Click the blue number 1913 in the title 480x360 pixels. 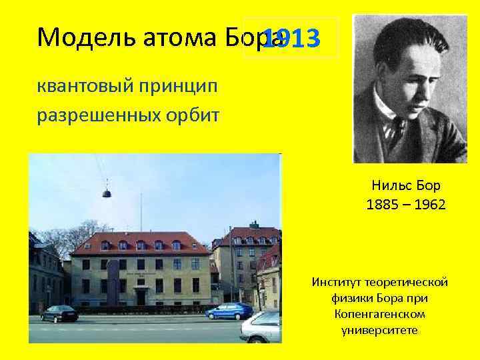[292, 39]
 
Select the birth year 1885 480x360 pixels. [381, 204]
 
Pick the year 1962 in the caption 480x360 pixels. [429, 204]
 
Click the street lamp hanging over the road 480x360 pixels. [106, 193]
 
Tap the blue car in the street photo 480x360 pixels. [229, 311]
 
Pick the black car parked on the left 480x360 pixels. [59, 313]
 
